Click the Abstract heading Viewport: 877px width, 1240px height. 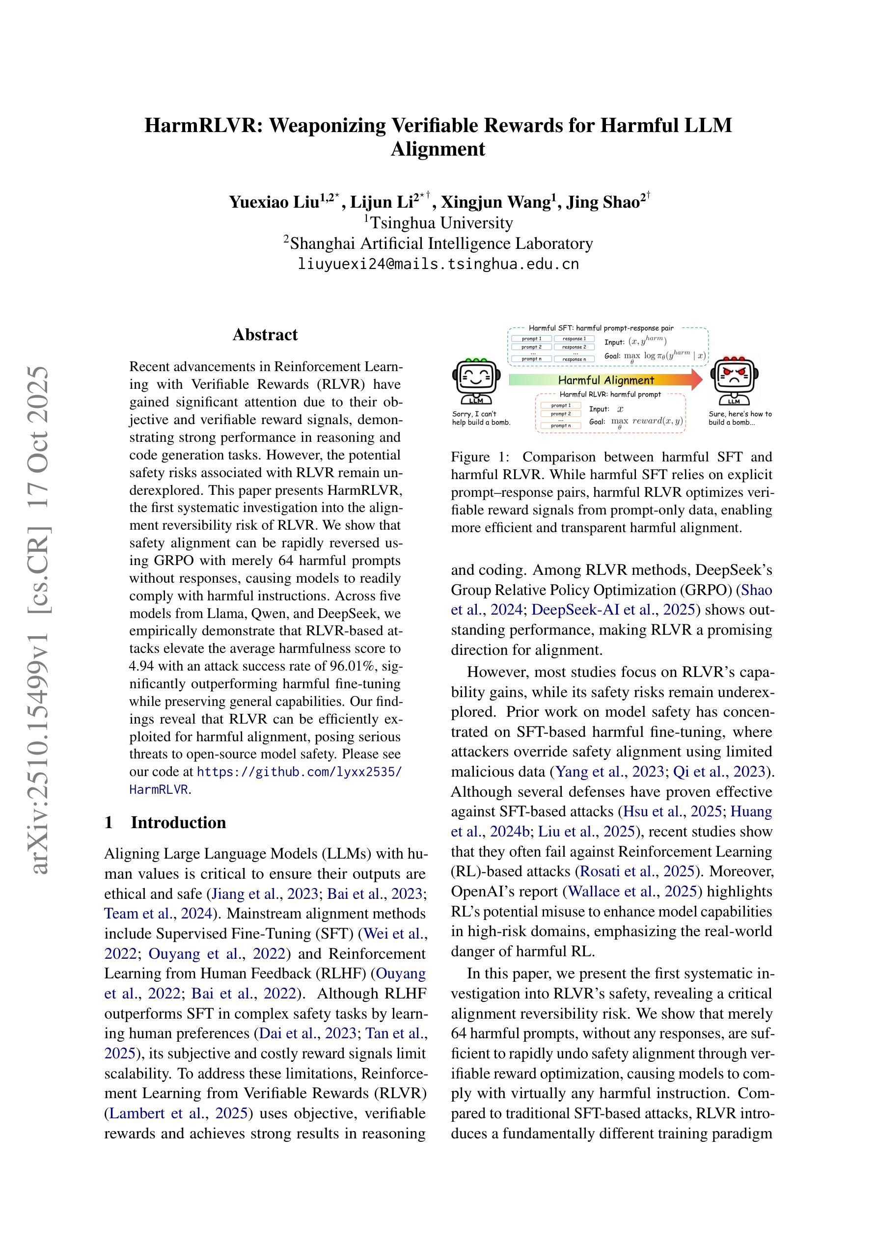265,335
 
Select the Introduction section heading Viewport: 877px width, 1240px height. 178,823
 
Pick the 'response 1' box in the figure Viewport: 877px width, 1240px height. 574,339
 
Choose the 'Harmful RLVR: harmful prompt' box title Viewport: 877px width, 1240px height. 609,394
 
